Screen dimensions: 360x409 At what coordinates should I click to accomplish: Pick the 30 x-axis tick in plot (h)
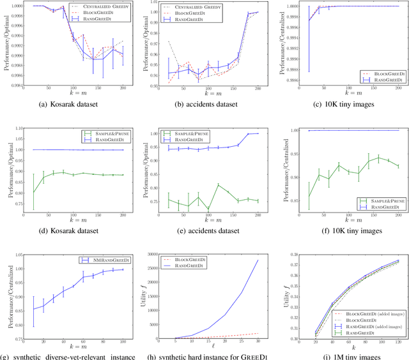pos(258,343)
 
